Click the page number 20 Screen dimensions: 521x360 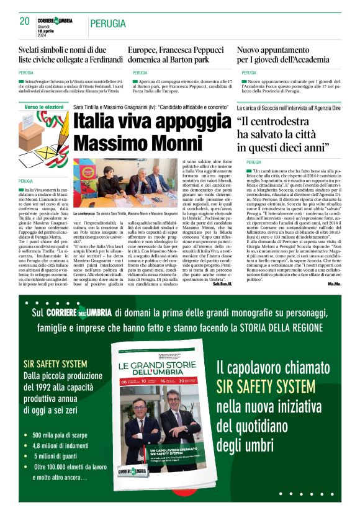[25, 21]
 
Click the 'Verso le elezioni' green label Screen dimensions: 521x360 [44, 107]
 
